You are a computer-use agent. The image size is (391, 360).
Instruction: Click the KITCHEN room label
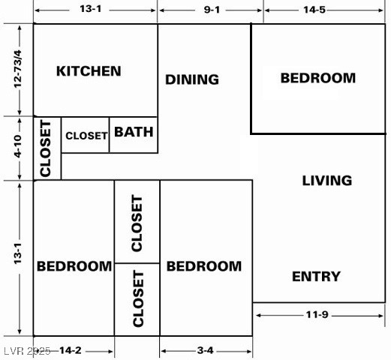tap(89, 71)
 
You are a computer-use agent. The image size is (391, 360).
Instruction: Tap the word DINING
tap(192, 79)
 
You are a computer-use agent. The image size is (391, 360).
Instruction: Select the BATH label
tap(134, 132)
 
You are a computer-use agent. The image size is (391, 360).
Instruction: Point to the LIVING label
tap(326, 180)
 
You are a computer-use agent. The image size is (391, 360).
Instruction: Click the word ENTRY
tap(316, 277)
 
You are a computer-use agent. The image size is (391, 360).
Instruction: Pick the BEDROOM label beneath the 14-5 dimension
tap(317, 77)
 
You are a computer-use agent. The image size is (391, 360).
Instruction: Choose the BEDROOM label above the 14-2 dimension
tap(74, 266)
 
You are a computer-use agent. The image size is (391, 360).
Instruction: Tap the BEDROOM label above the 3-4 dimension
tap(204, 266)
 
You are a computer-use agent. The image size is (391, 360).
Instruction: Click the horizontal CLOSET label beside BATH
tap(86, 136)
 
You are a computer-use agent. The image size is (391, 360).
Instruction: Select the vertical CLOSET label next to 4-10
tap(46, 150)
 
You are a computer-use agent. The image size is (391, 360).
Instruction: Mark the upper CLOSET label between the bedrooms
tap(137, 223)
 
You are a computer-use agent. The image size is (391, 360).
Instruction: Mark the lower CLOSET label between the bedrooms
tap(137, 299)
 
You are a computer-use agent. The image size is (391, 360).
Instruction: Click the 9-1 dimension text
tap(211, 10)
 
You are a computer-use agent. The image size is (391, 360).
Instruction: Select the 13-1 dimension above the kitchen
tap(95, 10)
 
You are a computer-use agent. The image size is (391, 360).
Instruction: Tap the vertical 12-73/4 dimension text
tap(18, 70)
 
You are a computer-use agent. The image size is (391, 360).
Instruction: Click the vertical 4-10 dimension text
tap(18, 147)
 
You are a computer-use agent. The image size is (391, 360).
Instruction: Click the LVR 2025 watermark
tap(27, 350)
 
